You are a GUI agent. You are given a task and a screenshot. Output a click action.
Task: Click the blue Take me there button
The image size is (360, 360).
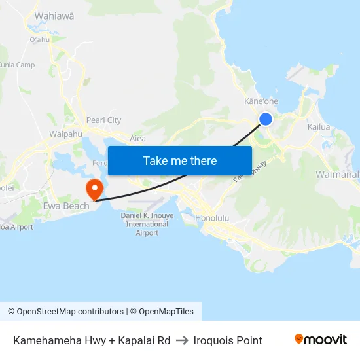180,160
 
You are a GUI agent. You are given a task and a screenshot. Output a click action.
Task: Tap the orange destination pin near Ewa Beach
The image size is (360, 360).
95,189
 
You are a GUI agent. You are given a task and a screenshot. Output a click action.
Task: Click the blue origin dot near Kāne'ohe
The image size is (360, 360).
266,118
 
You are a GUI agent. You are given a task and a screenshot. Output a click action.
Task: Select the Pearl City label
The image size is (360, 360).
104,120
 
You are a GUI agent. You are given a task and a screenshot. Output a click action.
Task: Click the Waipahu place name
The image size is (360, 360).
65,134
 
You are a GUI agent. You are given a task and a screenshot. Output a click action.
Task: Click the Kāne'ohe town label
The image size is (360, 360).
261,101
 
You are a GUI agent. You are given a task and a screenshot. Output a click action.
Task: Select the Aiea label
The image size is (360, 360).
137,139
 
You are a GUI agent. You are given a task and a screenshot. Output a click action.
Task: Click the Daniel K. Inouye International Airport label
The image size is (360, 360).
147,225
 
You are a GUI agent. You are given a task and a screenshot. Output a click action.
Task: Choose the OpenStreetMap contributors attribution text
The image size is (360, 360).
65,312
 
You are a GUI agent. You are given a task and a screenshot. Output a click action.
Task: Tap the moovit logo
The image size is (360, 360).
321,340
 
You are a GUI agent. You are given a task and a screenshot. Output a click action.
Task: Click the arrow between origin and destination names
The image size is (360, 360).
182,340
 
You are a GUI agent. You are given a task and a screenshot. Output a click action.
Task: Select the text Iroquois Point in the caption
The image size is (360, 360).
228,340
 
